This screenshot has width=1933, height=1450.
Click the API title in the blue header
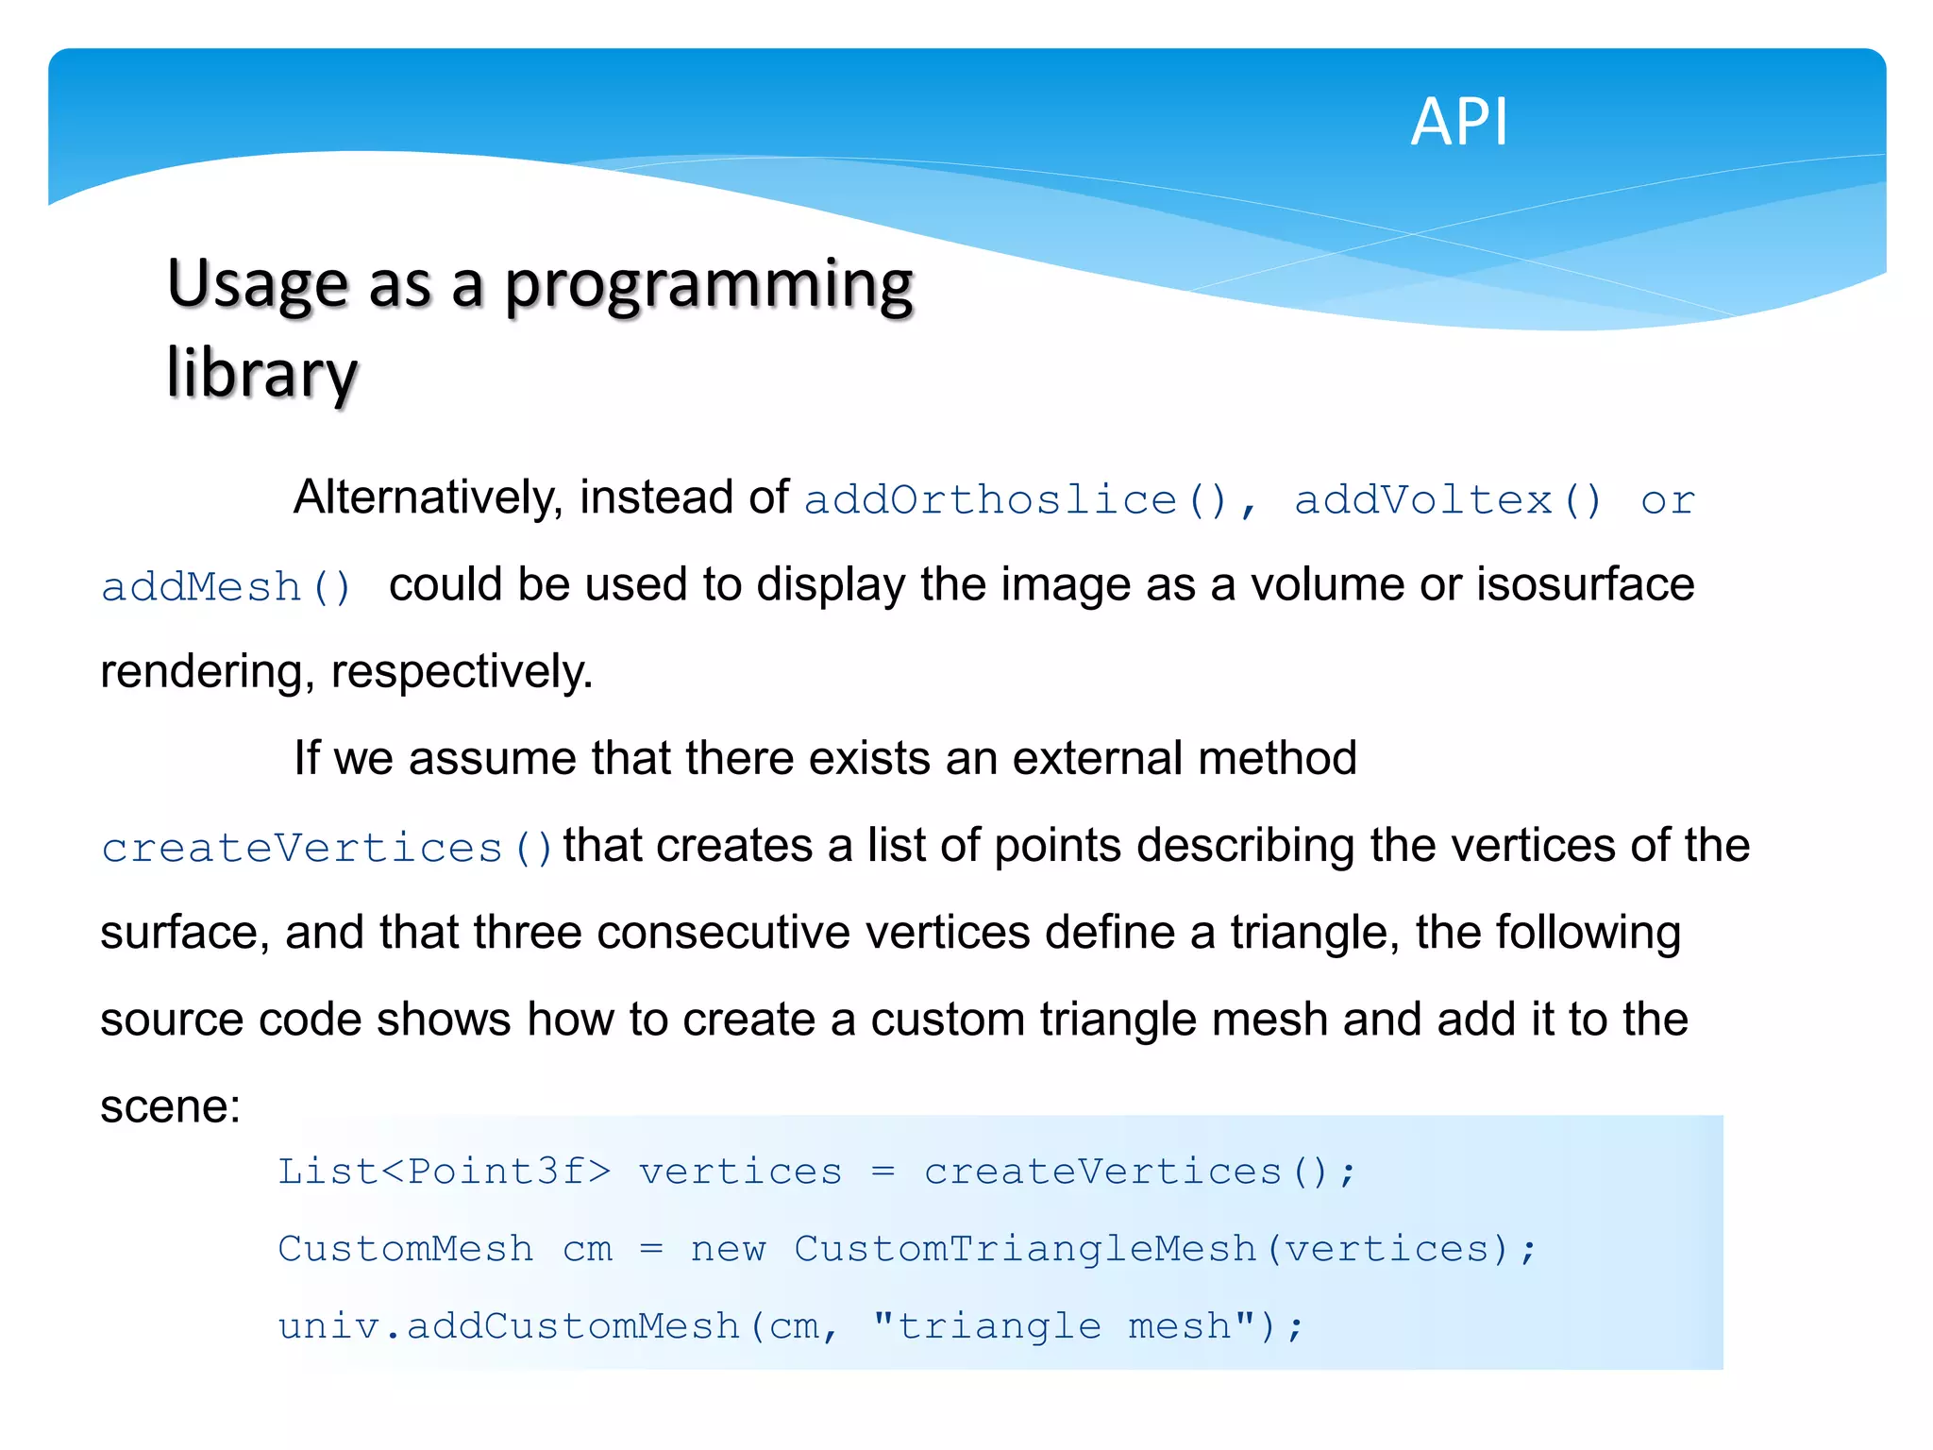pyautogui.click(x=1459, y=122)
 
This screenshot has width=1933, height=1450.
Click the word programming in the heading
pyautogui.click(x=709, y=284)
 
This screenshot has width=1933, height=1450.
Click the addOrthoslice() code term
pyautogui.click(x=1015, y=499)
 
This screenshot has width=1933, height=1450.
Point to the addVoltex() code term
pyautogui.click(x=1447, y=499)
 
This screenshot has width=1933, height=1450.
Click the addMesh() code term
pyautogui.click(x=227, y=587)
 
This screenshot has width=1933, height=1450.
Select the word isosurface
pyautogui.click(x=1586, y=584)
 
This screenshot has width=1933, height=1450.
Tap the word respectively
pyautogui.click(x=462, y=672)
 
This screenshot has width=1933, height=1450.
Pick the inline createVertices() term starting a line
pyautogui.click(x=327, y=847)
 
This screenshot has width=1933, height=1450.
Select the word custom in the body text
pyautogui.click(x=947, y=1020)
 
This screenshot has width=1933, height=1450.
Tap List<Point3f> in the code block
pyautogui.click(x=444, y=1172)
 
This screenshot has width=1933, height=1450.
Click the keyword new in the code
pyautogui.click(x=728, y=1249)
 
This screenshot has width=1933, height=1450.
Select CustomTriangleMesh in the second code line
pyautogui.click(x=1025, y=1249)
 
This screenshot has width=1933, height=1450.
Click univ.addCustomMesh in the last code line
pyautogui.click(x=509, y=1326)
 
